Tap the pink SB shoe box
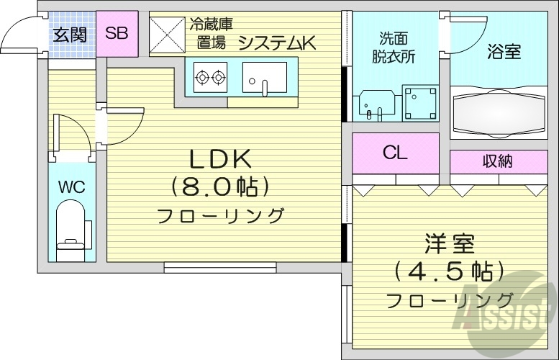[x=117, y=33]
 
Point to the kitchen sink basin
[x=264, y=77]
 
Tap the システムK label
[x=277, y=42]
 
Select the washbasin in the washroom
[x=375, y=105]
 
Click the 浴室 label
[x=504, y=52]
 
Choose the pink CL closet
[x=395, y=153]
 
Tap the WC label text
[x=71, y=188]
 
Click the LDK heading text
[x=219, y=158]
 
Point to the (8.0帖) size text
[x=219, y=186]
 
